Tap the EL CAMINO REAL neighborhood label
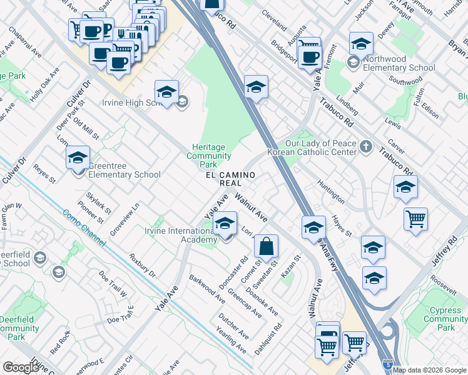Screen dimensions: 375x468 click(230, 179)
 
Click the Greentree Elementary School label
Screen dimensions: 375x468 click(124, 170)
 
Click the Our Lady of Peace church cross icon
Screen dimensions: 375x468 click(365, 147)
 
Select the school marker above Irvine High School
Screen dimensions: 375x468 click(167, 92)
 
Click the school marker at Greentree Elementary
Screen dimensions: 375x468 click(78, 157)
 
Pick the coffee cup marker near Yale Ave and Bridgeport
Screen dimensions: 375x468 click(309, 56)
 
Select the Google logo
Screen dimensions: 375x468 click(21, 367)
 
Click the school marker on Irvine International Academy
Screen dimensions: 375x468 click(225, 223)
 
